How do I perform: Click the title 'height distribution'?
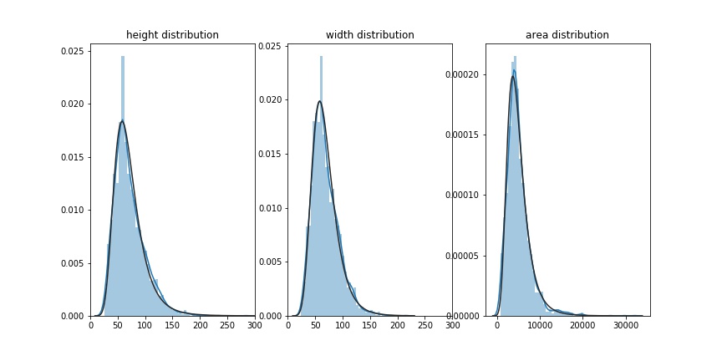pos(172,35)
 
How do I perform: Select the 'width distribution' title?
pos(369,35)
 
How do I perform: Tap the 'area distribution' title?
pos(567,35)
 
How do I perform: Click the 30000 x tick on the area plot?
pos(626,325)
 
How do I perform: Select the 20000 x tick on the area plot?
pos(583,325)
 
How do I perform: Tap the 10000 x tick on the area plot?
pos(540,325)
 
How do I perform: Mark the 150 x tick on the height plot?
pos(172,325)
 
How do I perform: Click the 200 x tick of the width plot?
pos(397,325)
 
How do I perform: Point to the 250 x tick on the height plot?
pos(227,325)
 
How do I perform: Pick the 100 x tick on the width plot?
pos(343,325)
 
